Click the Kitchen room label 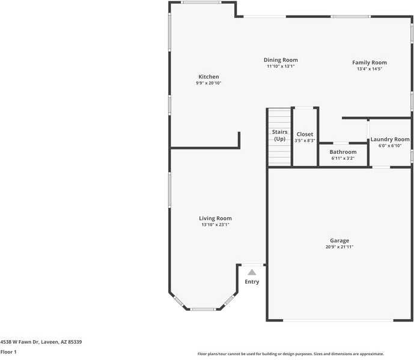click(x=209, y=77)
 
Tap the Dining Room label click(x=281, y=60)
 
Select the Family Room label click(x=369, y=63)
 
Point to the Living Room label click(x=215, y=218)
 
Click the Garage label click(x=339, y=240)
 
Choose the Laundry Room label click(x=389, y=139)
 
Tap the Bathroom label click(x=342, y=152)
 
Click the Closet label click(x=305, y=135)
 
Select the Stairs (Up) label click(x=279, y=135)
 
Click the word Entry click(x=252, y=282)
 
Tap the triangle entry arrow click(x=252, y=272)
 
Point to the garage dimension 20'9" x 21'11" click(x=339, y=247)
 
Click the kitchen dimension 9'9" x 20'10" click(x=209, y=84)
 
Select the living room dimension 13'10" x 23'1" click(x=215, y=225)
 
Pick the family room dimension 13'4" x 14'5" click(x=369, y=69)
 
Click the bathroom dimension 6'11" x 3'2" click(x=342, y=159)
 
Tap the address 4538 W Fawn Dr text click(x=41, y=342)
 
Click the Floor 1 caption click(x=8, y=352)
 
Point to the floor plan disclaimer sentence click(x=290, y=354)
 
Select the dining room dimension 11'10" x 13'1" click(x=281, y=67)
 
